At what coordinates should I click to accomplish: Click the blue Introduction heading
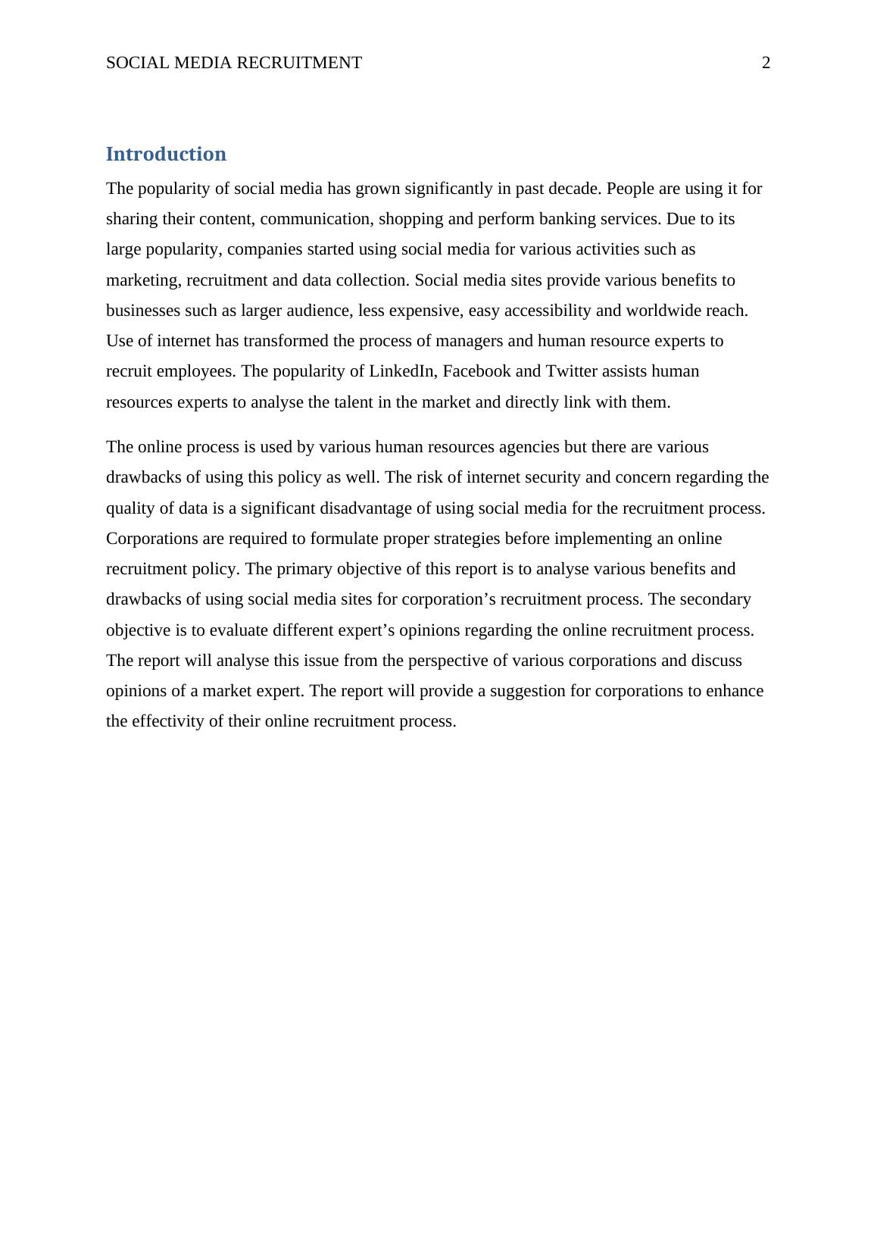pos(166,154)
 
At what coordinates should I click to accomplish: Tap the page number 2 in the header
pos(766,63)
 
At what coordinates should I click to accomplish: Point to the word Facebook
pos(473,371)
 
